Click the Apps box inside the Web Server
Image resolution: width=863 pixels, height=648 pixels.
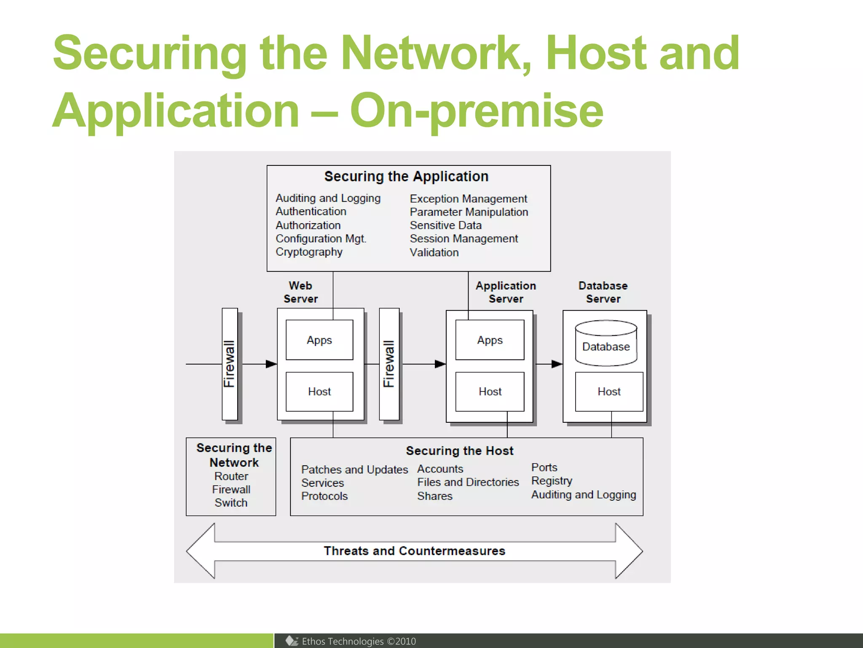[x=319, y=340]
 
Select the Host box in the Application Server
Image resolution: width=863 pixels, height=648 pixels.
[x=490, y=391]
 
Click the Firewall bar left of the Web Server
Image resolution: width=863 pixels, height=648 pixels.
[x=230, y=364]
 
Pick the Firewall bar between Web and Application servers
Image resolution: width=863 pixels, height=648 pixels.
[x=389, y=364]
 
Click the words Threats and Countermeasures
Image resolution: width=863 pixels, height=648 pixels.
[x=414, y=551]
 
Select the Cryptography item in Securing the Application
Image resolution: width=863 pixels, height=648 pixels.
[x=309, y=252]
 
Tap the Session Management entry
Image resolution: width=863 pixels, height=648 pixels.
[x=464, y=239]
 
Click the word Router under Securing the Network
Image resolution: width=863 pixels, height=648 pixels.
[x=231, y=476]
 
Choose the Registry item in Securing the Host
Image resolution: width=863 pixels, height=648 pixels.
[x=552, y=481]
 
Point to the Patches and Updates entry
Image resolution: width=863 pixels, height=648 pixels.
[x=354, y=470]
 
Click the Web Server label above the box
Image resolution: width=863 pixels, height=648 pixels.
[x=300, y=292]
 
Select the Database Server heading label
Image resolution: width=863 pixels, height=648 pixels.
[x=603, y=292]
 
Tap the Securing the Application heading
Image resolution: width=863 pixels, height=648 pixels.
[x=406, y=176]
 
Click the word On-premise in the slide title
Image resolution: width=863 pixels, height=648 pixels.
[x=476, y=111]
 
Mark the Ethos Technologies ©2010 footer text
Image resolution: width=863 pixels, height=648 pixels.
[x=358, y=641]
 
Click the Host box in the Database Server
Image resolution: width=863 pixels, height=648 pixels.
[x=609, y=391]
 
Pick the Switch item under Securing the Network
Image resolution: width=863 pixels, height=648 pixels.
[x=231, y=503]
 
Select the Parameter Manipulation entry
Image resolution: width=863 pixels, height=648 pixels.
[x=469, y=212]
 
